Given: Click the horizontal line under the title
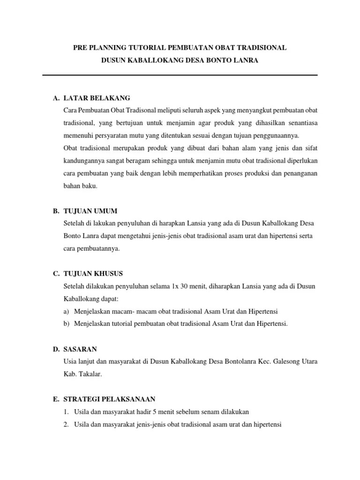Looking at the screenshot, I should click(180, 75).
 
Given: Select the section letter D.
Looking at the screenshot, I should click(56, 349).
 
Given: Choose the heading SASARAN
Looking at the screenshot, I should click(80, 349).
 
